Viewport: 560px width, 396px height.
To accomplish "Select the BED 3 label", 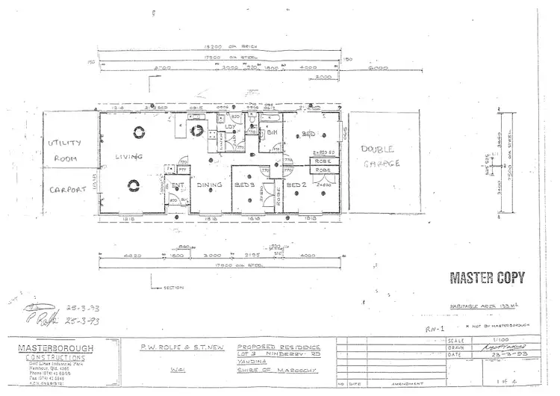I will click(x=246, y=185).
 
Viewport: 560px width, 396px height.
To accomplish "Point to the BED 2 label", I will click(x=297, y=184).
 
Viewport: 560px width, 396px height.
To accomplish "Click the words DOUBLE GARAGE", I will click(x=381, y=156).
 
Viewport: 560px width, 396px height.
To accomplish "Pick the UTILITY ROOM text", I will click(x=68, y=150).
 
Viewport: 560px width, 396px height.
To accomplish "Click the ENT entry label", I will click(x=178, y=185).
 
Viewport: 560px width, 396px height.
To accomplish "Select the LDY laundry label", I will click(x=231, y=127).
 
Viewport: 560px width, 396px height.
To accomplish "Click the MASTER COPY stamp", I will click(x=486, y=278).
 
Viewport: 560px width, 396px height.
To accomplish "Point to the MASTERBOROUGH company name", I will click(x=52, y=349).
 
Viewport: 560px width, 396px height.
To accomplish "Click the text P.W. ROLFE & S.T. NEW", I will click(x=181, y=347).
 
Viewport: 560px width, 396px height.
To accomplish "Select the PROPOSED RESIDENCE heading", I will click(x=279, y=347).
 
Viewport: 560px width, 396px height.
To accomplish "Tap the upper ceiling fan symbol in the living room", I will click(x=139, y=132).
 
